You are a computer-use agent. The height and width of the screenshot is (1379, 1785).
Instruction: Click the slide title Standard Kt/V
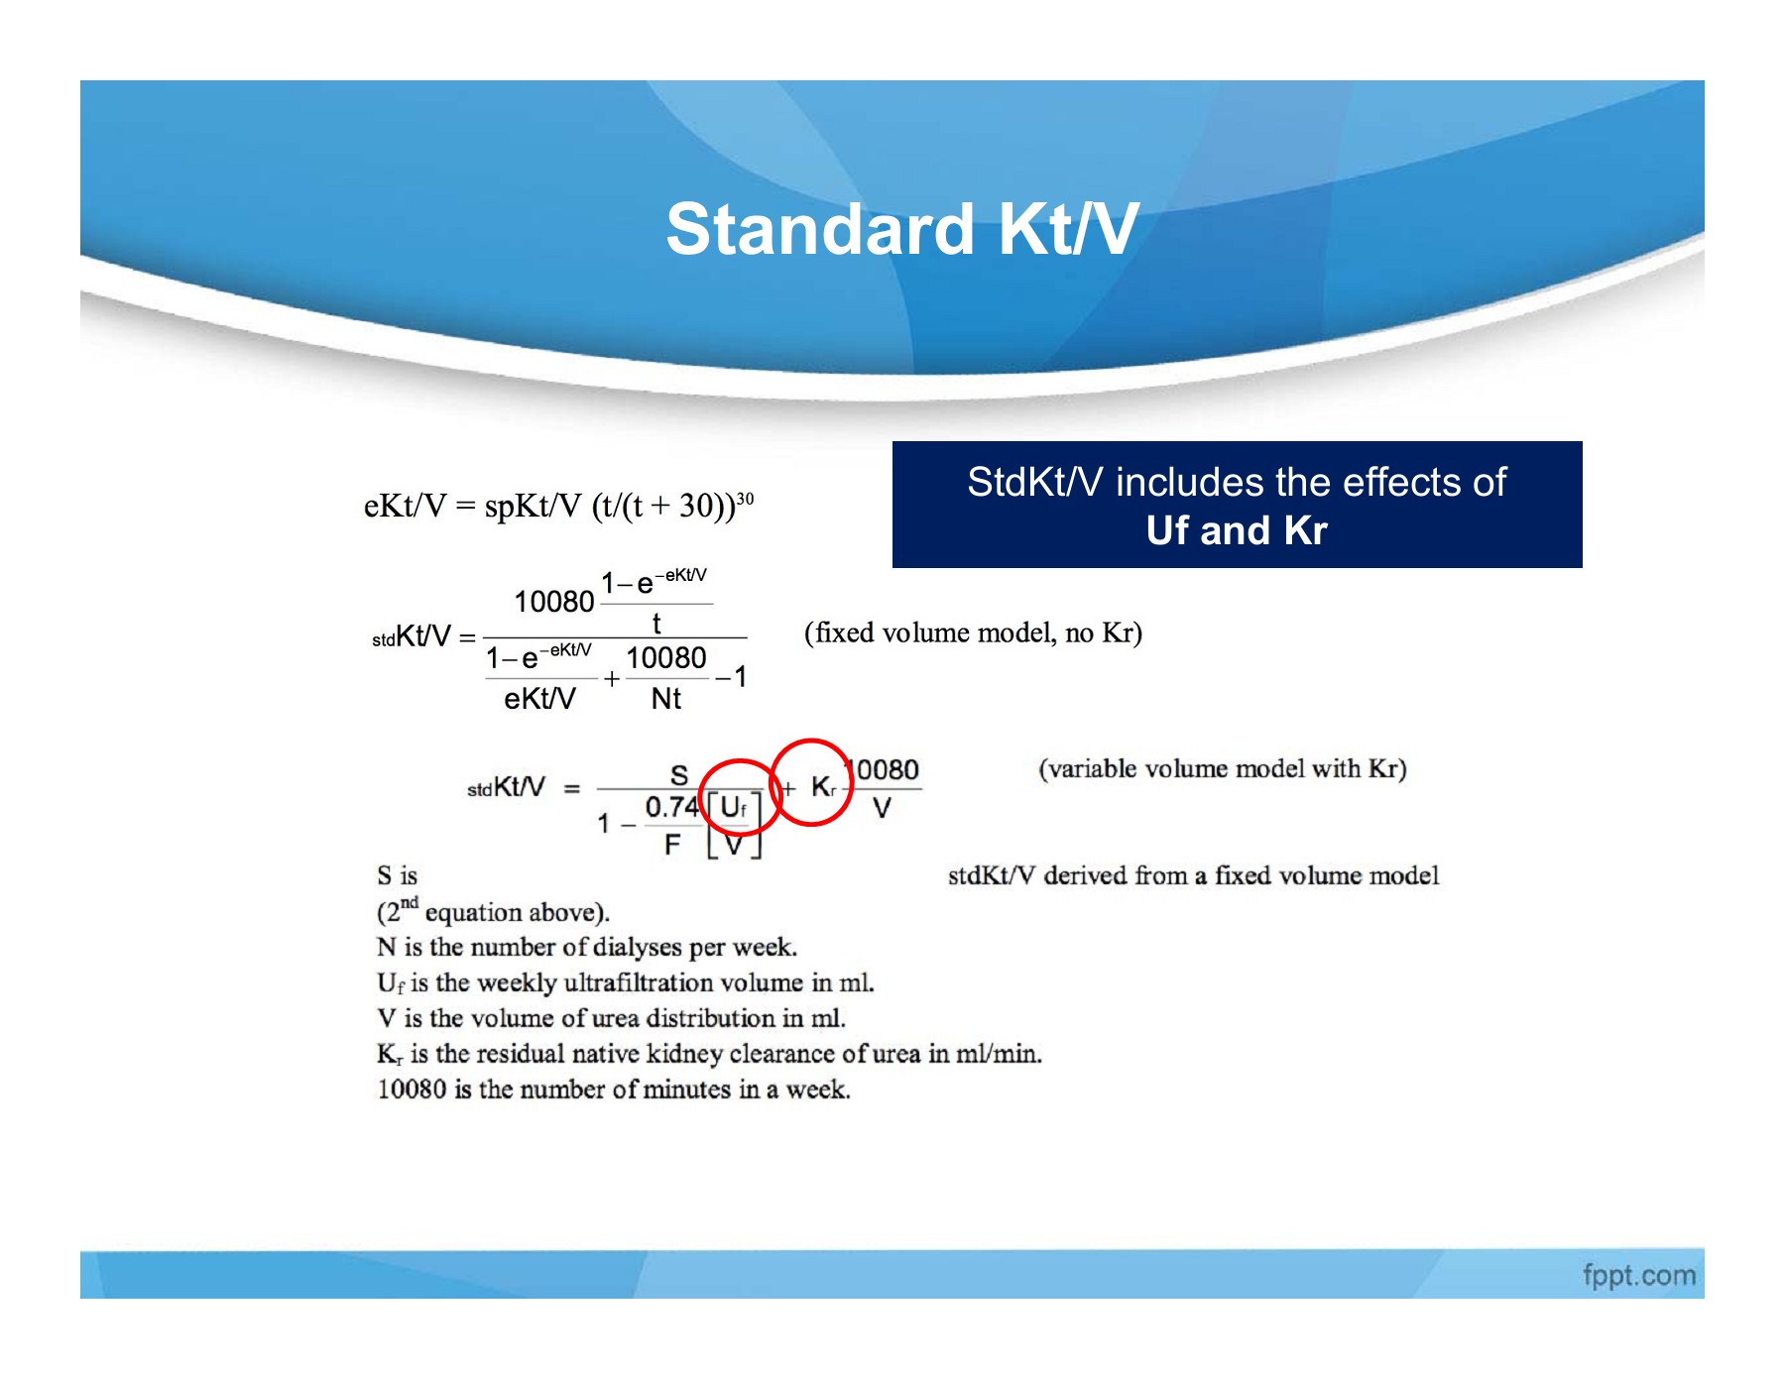tap(901, 230)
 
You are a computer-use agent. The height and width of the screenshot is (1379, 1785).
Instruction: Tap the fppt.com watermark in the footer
tap(1638, 1275)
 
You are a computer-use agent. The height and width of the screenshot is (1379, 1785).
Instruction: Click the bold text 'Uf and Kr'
tap(1236, 531)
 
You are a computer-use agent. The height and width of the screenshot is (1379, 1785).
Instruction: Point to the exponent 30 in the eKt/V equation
tap(745, 499)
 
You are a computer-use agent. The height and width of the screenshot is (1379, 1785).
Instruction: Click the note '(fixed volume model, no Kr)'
tap(973, 632)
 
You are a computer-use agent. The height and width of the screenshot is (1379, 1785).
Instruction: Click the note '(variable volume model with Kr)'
tap(1222, 768)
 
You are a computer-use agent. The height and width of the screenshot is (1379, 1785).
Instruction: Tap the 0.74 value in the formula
tap(671, 807)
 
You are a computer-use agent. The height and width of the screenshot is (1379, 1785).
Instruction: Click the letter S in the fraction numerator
tap(678, 774)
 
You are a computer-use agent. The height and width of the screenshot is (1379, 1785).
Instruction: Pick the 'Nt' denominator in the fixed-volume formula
tap(665, 699)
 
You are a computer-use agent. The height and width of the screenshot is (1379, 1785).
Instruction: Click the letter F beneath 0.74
tap(672, 845)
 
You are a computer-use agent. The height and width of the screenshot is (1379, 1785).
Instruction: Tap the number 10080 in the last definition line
tap(412, 1089)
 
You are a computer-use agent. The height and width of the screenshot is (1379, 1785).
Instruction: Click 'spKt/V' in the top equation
tap(533, 506)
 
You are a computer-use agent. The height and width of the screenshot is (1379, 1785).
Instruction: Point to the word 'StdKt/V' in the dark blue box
tap(1034, 483)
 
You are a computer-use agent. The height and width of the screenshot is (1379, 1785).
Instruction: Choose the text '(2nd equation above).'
tap(493, 911)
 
